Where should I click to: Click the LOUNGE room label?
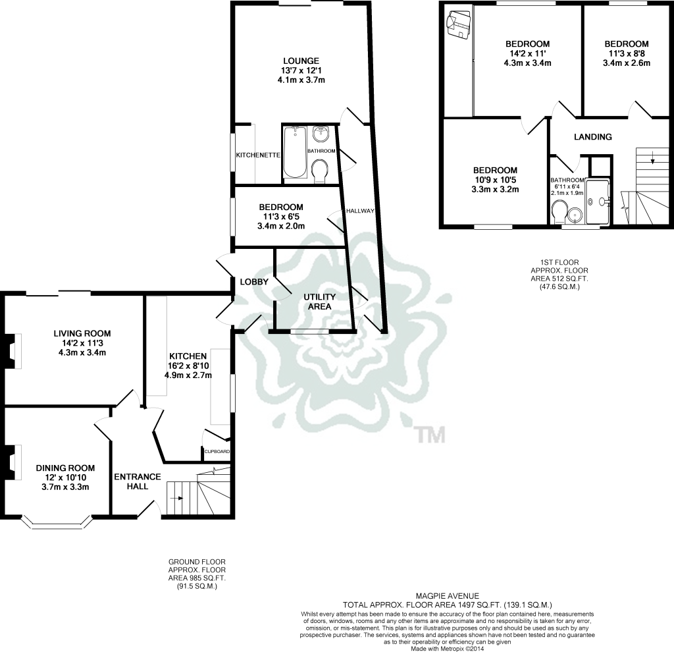(x=301, y=61)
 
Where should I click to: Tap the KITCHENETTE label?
(x=258, y=155)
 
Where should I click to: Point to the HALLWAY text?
(x=360, y=211)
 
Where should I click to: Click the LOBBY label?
(x=254, y=282)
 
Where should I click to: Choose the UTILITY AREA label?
(x=319, y=302)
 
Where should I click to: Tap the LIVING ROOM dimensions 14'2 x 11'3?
(x=82, y=343)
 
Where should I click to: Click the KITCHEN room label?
(x=188, y=356)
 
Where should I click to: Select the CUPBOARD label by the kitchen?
(x=217, y=452)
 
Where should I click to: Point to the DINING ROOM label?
(x=65, y=468)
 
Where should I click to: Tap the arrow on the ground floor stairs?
(x=176, y=499)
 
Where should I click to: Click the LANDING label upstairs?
(x=593, y=137)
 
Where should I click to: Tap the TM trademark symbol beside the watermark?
(x=431, y=435)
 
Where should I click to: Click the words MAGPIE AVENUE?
(x=448, y=596)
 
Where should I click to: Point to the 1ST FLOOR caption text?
(x=559, y=262)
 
